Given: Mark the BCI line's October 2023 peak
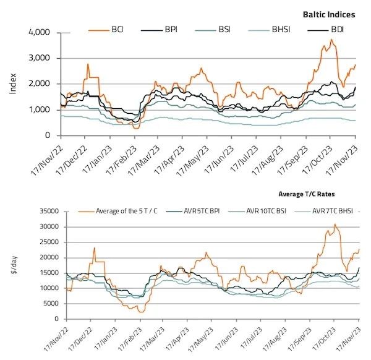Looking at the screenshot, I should pyautogui.click(x=331, y=40).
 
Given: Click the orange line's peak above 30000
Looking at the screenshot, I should pyautogui.click(x=335, y=224).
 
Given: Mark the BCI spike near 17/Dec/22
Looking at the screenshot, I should pyautogui.click(x=88, y=64).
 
